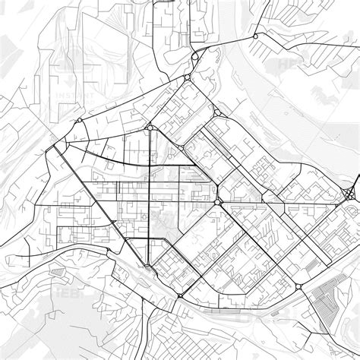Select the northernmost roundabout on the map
[256, 36]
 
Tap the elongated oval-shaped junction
[196, 56]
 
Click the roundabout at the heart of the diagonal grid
[219, 202]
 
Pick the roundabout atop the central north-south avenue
[150, 128]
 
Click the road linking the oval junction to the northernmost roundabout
[228, 43]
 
